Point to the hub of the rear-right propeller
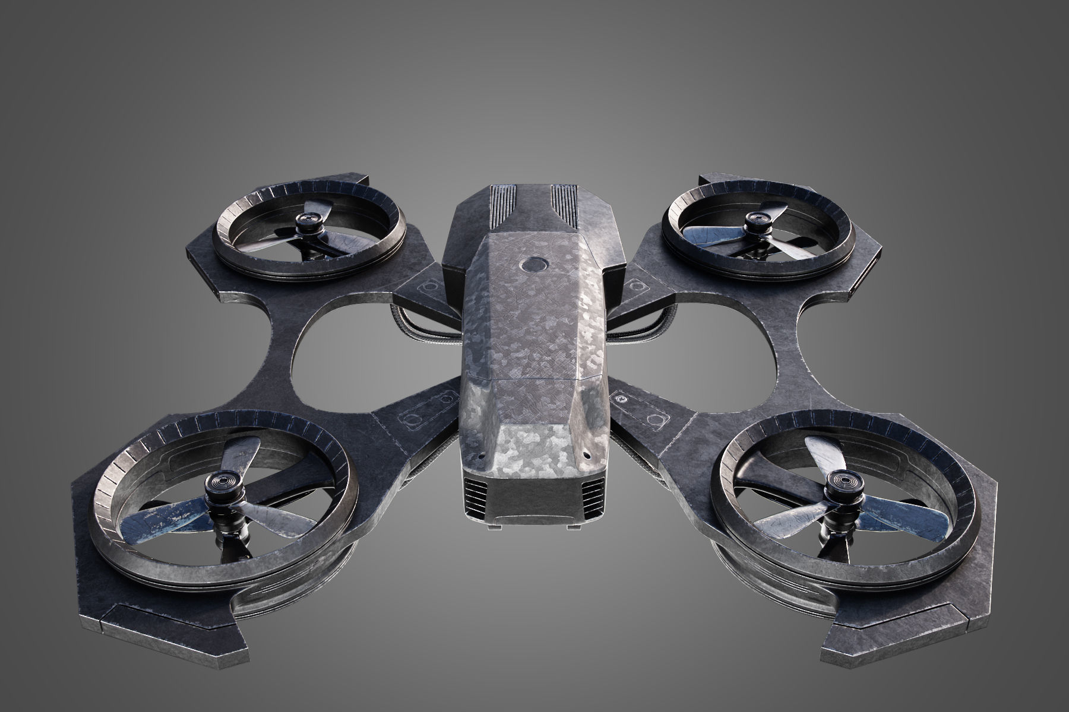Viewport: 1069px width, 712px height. coord(756,220)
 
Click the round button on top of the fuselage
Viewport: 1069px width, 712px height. coord(533,263)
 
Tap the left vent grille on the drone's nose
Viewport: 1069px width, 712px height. coord(475,478)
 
